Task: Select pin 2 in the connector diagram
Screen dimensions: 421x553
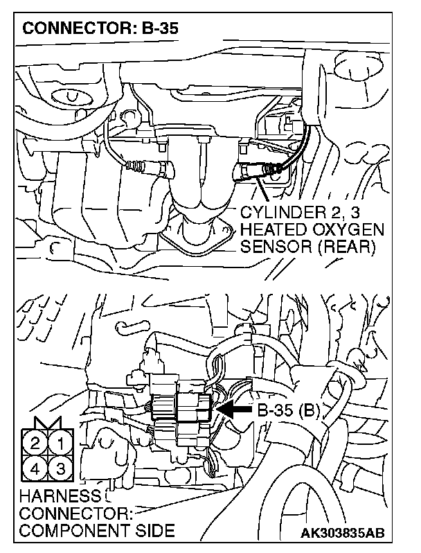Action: (35, 443)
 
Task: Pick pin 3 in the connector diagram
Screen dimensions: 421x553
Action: (61, 468)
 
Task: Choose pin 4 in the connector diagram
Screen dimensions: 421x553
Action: (35, 468)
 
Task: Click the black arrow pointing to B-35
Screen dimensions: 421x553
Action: (235, 410)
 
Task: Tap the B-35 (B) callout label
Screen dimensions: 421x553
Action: (289, 410)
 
